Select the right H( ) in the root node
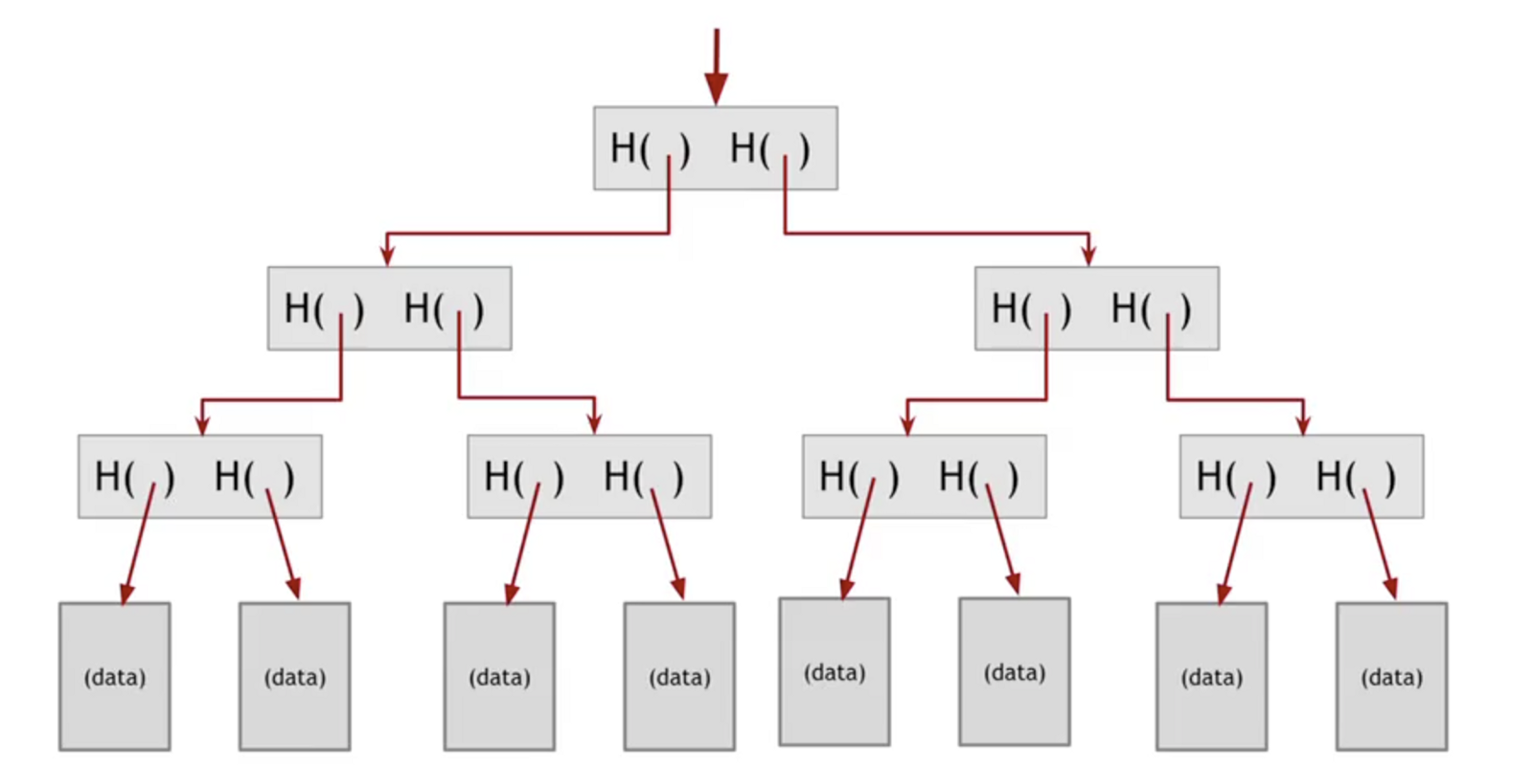pyautogui.click(x=769, y=148)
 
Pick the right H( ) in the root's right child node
pyautogui.click(x=1151, y=308)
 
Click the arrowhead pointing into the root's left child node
pyautogui.click(x=387, y=255)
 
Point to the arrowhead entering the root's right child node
pyautogui.click(x=1088, y=255)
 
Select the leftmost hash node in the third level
pyautogui.click(x=200, y=476)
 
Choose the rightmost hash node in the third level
pyautogui.click(x=1301, y=476)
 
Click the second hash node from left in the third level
pyautogui.click(x=589, y=476)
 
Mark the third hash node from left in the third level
pyautogui.click(x=925, y=476)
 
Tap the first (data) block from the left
pyautogui.click(x=115, y=676)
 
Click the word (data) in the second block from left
pyautogui.click(x=295, y=677)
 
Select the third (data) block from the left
pyautogui.click(x=499, y=676)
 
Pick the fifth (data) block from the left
pyautogui.click(x=835, y=671)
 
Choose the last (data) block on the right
pyautogui.click(x=1392, y=676)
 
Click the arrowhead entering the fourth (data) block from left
pyautogui.click(x=678, y=588)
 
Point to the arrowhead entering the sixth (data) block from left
pyautogui.click(x=1014, y=583)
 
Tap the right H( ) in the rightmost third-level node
pyautogui.click(x=1356, y=476)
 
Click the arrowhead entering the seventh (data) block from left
pyautogui.click(x=1224, y=593)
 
